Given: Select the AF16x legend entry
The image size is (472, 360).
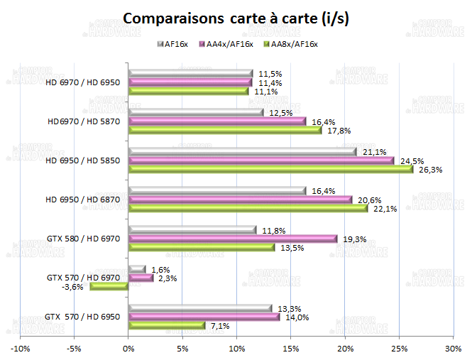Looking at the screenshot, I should (x=174, y=44).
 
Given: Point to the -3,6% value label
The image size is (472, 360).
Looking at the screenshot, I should (x=73, y=287).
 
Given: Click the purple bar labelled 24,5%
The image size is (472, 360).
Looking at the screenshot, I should (x=260, y=160).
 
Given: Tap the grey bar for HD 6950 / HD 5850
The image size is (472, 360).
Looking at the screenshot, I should (x=242, y=151).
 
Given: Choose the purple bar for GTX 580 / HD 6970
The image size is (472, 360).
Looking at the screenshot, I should (x=233, y=239).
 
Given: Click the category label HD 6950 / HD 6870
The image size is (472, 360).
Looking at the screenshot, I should (x=82, y=200).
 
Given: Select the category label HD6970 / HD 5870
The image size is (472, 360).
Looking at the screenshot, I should (x=83, y=121).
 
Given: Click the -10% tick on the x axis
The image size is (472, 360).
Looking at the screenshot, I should (x=20, y=349).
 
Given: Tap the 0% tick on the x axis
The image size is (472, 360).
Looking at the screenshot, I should (x=128, y=349).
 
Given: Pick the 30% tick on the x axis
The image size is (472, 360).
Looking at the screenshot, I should (x=452, y=349).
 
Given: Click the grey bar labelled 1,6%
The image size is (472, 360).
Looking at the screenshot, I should (x=137, y=269).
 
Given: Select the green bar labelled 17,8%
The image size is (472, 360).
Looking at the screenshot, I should (x=224, y=130).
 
